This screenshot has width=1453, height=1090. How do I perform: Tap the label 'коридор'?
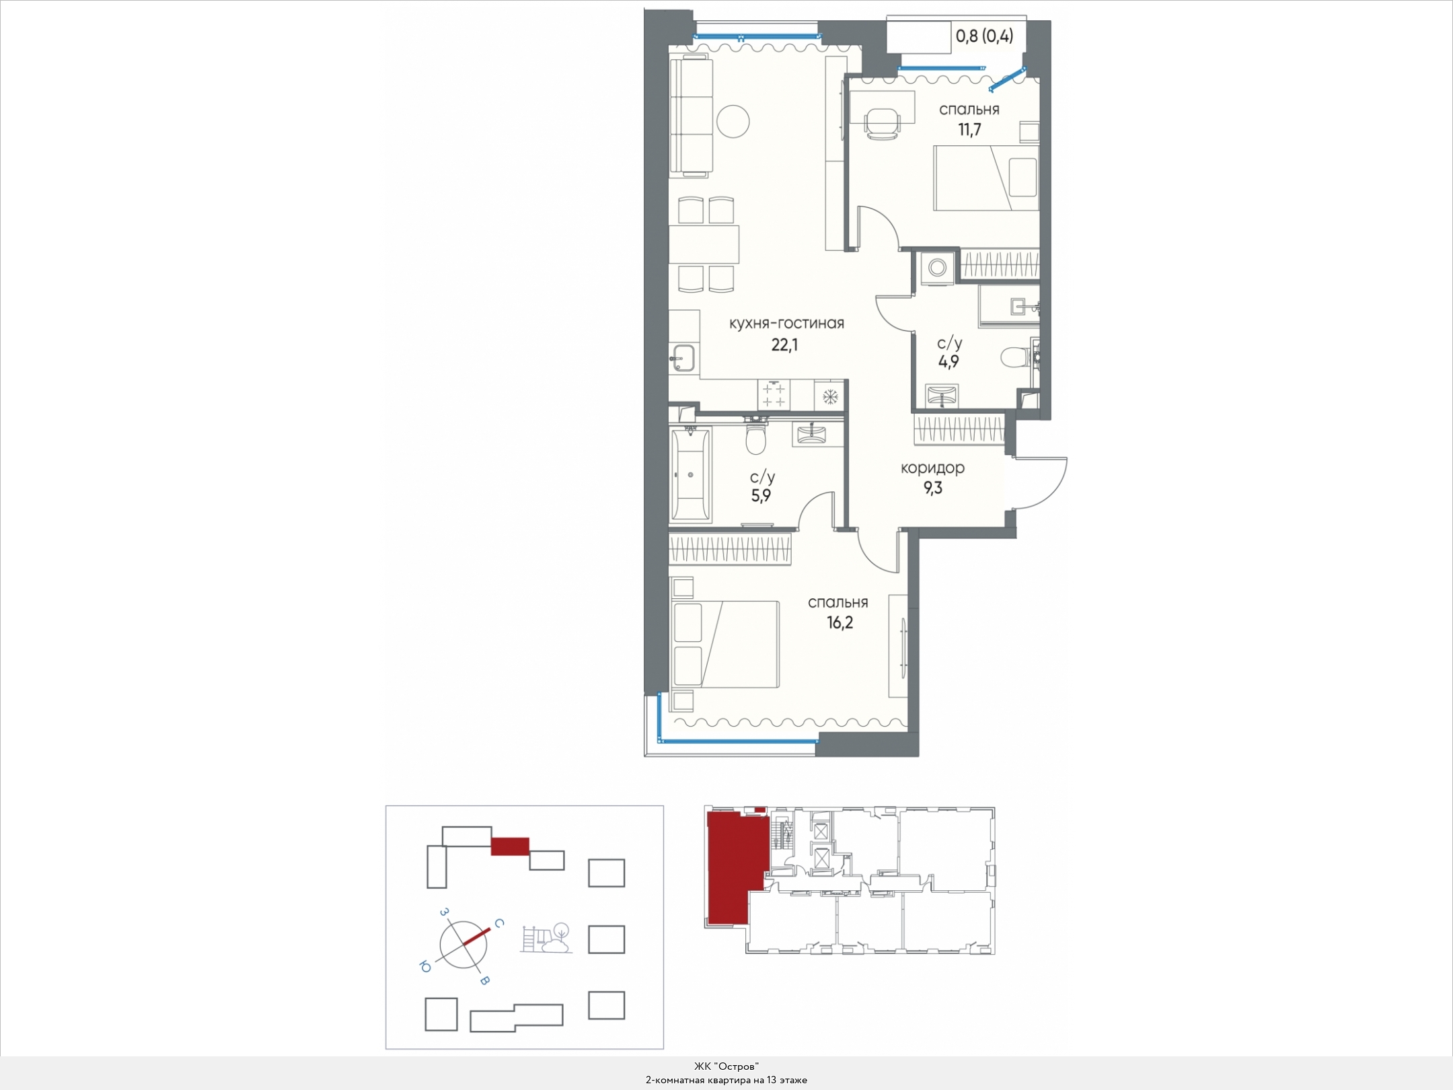point(932,468)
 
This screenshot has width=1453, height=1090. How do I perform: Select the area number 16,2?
point(840,622)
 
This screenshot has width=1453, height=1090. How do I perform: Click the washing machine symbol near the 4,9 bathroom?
point(937,268)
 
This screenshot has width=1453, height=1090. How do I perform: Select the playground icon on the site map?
point(547,937)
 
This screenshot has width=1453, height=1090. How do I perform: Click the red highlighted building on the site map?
point(510,846)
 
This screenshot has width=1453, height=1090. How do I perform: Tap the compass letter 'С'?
point(498,924)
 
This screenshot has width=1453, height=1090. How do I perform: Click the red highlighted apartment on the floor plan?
point(736,868)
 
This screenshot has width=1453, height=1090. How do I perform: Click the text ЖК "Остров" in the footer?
point(726,1066)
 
